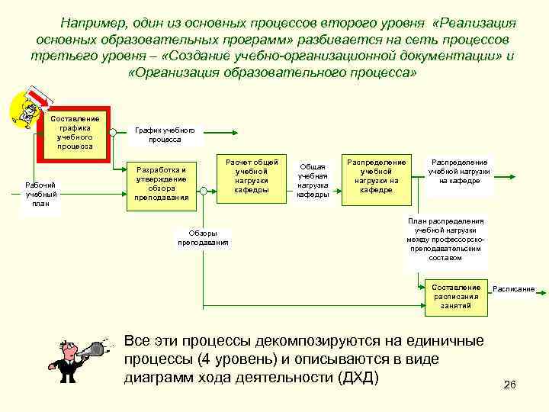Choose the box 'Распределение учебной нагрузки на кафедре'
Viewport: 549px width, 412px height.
[x=376, y=176]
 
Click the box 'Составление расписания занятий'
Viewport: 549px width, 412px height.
[x=457, y=297]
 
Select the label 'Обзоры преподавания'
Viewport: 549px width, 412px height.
[x=203, y=237]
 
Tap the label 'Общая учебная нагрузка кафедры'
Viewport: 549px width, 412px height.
[x=313, y=180]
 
